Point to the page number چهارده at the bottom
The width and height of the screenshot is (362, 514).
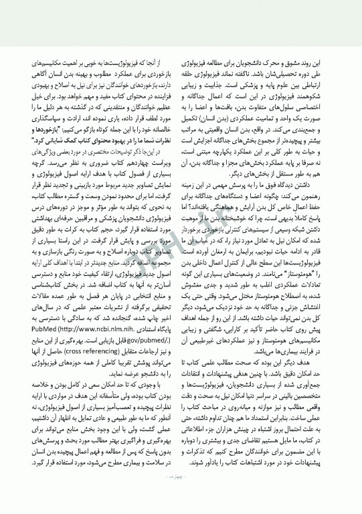[x=181, y=496]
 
